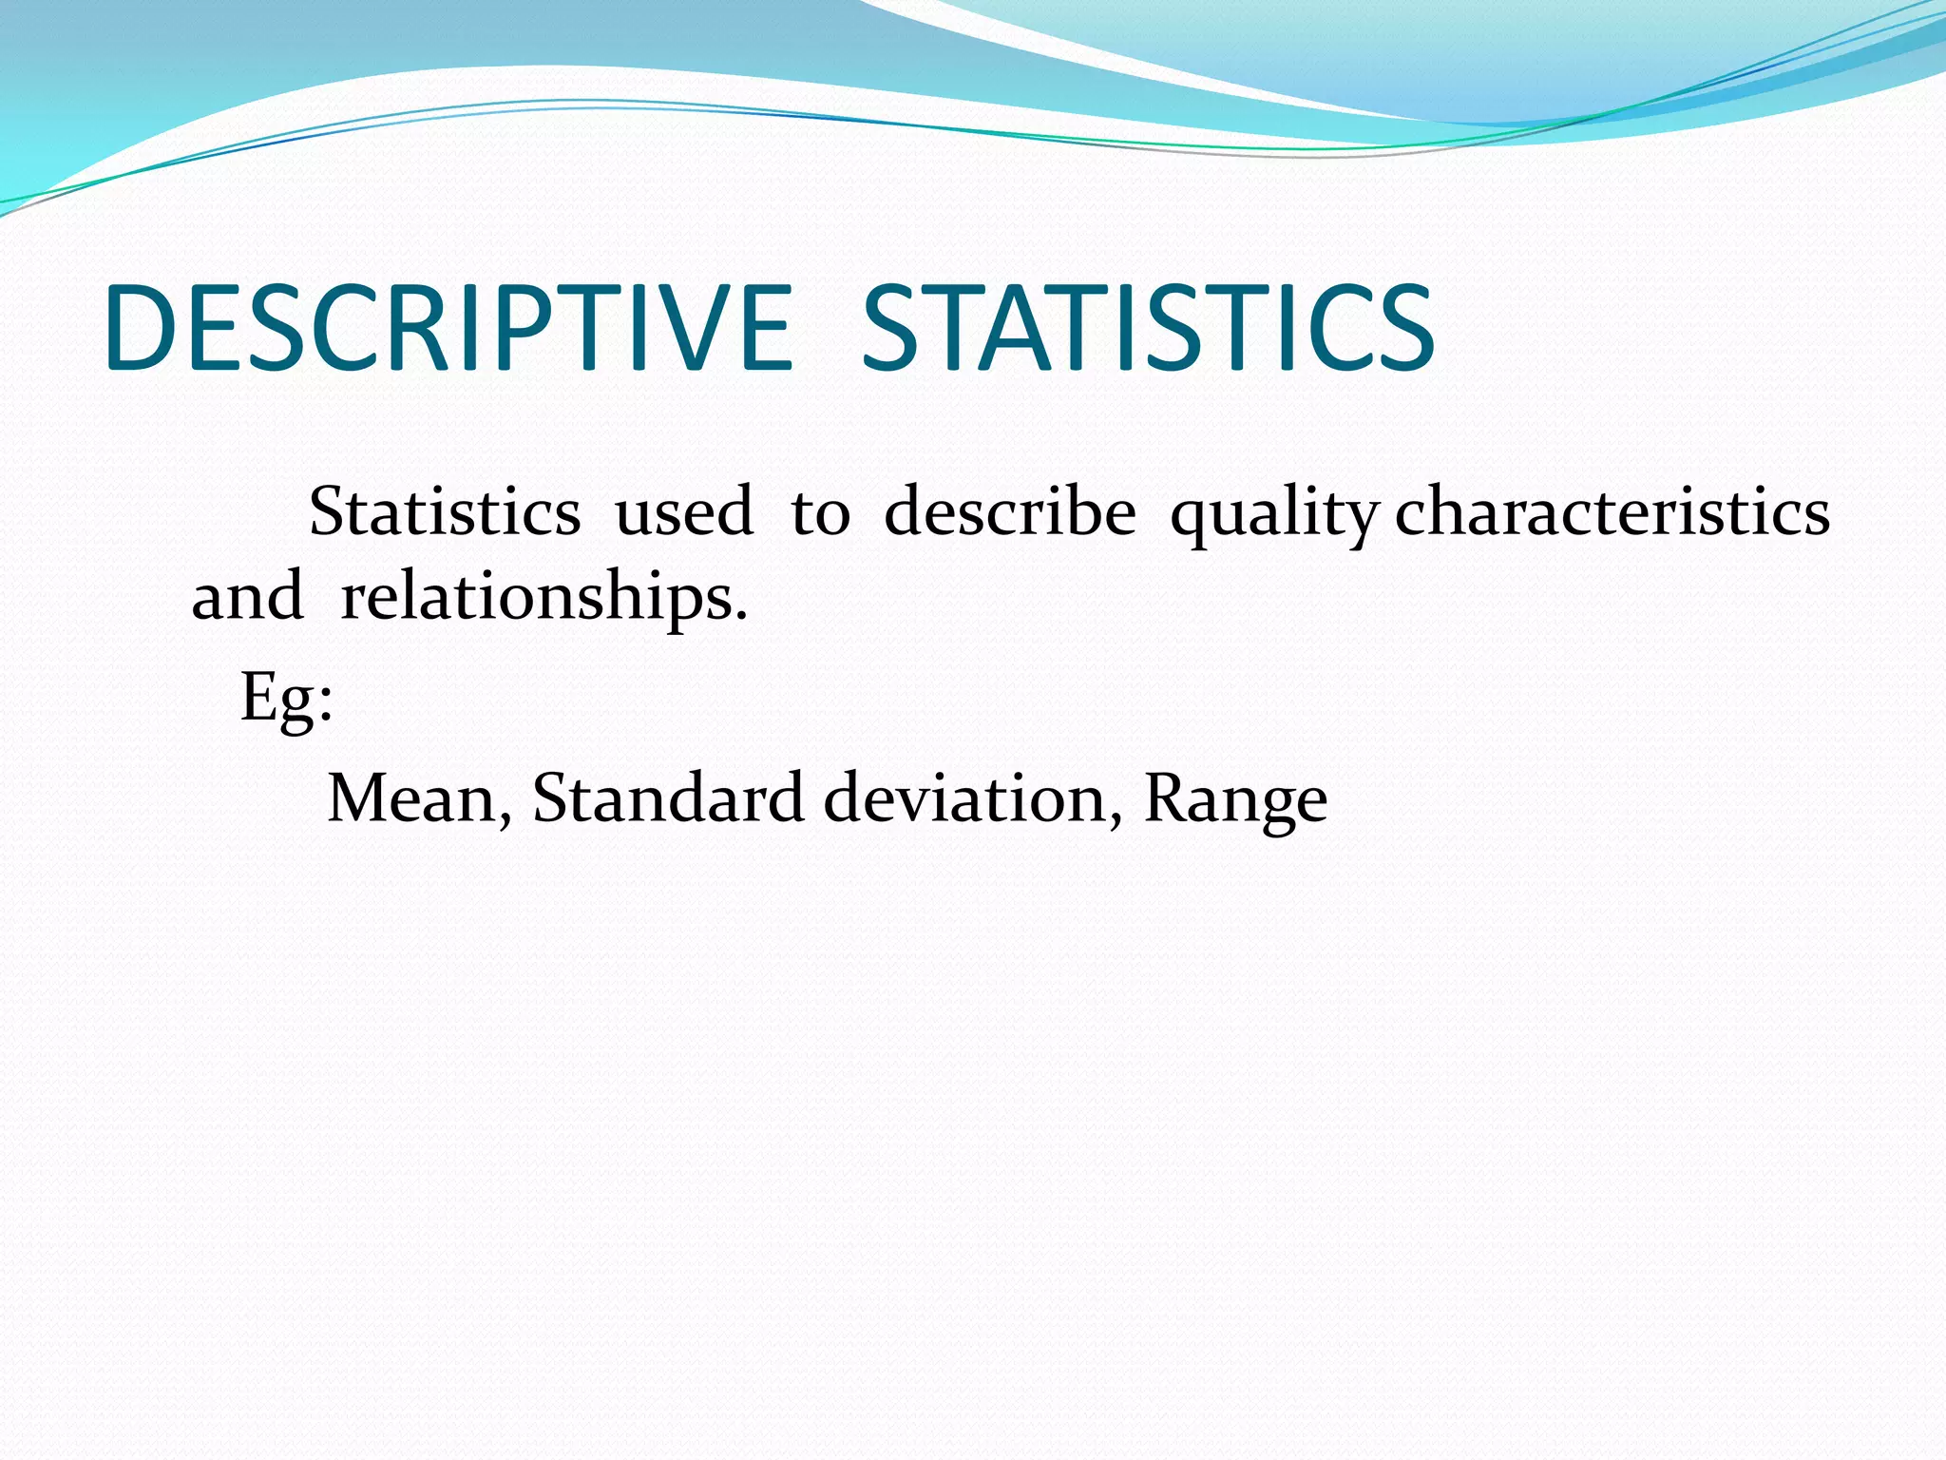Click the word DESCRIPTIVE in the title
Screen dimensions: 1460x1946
[447, 328]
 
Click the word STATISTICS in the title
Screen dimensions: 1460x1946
[1147, 328]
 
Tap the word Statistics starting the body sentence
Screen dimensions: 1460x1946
[444, 512]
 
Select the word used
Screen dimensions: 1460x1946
[684, 512]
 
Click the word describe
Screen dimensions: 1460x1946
[1009, 512]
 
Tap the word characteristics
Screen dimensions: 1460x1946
[1612, 512]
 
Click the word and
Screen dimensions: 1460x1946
[247, 597]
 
